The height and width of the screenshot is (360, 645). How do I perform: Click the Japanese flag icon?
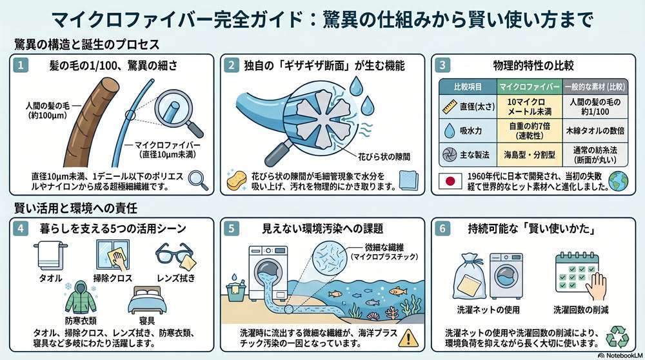[x=449, y=181]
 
